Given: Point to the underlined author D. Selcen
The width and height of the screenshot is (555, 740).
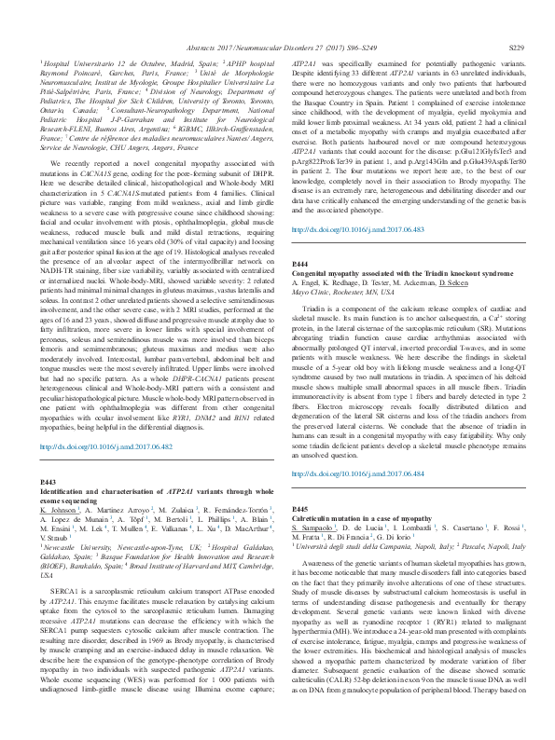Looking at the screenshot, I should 425,256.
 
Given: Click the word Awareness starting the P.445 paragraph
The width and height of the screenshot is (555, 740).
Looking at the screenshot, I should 322,565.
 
